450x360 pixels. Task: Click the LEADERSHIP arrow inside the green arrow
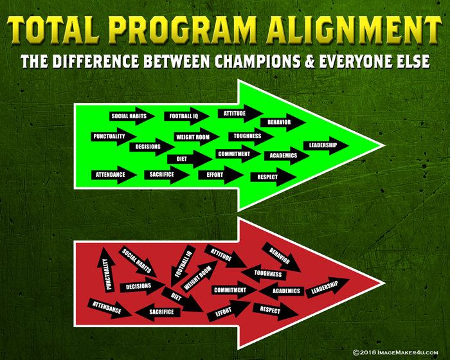pos(326,145)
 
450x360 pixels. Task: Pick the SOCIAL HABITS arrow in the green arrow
pos(132,116)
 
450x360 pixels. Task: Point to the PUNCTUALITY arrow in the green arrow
pos(114,136)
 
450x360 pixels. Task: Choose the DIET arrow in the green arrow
pos(190,159)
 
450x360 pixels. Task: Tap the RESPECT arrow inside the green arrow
pos(273,177)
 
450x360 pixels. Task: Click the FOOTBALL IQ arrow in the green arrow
pos(186,116)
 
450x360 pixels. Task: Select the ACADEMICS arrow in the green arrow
pos(287,156)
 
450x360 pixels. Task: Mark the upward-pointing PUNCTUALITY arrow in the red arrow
pos(106,270)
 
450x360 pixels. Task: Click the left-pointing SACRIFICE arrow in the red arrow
pos(157,312)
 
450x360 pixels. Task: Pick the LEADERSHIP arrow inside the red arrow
pos(327,287)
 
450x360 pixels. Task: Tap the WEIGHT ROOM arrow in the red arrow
pos(199,276)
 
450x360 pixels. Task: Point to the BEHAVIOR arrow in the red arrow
pos(282,257)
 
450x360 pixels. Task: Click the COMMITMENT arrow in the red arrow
pos(235,290)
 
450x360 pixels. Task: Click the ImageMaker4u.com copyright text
pos(395,352)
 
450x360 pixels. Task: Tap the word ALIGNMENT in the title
pos(354,30)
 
